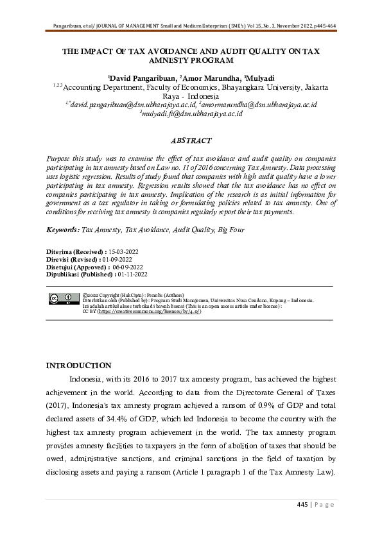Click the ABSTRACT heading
tap(190, 140)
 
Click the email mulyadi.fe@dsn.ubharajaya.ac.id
tap(191, 113)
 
